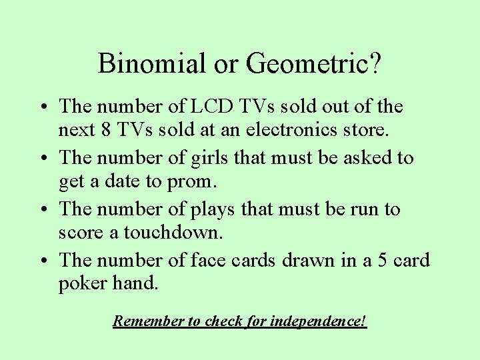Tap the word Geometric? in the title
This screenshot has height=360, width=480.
tap(314, 64)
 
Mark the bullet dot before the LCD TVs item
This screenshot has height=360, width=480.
tap(42, 107)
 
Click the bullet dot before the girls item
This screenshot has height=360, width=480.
tap(42, 159)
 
